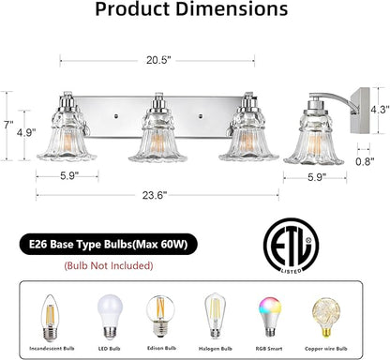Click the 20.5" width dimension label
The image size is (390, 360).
pyautogui.click(x=158, y=60)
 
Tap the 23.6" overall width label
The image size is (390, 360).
pyautogui.click(x=155, y=196)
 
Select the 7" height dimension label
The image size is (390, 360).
pyautogui.click(x=8, y=125)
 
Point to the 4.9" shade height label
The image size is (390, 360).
pyautogui.click(x=26, y=132)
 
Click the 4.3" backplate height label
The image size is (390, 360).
pyautogui.click(x=380, y=110)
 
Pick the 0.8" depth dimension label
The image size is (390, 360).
pyautogui.click(x=365, y=161)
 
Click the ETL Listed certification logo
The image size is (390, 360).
pyautogui.click(x=291, y=247)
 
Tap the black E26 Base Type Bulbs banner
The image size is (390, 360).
pyautogui.click(x=109, y=244)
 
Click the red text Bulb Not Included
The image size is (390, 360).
pyautogui.click(x=109, y=266)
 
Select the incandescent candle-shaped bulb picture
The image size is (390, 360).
pyautogui.click(x=51, y=319)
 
